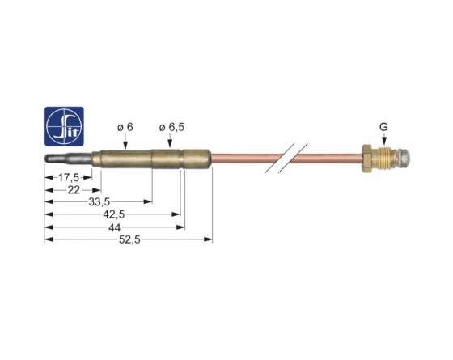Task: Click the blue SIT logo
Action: point(64,126)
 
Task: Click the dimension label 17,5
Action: point(69,177)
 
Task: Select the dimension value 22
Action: point(74,190)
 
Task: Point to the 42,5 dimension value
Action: point(113,214)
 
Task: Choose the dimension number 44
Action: point(114,227)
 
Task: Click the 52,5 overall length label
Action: point(129,239)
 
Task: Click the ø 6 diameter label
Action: point(125,127)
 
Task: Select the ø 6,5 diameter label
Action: point(171,127)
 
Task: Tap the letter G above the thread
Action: point(383,127)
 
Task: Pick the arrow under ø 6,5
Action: point(170,142)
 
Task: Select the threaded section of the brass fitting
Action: point(383,159)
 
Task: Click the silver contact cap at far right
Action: point(404,158)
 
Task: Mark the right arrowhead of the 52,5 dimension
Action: point(209,239)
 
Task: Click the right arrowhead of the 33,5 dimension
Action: point(148,201)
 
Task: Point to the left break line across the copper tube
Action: point(280,158)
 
